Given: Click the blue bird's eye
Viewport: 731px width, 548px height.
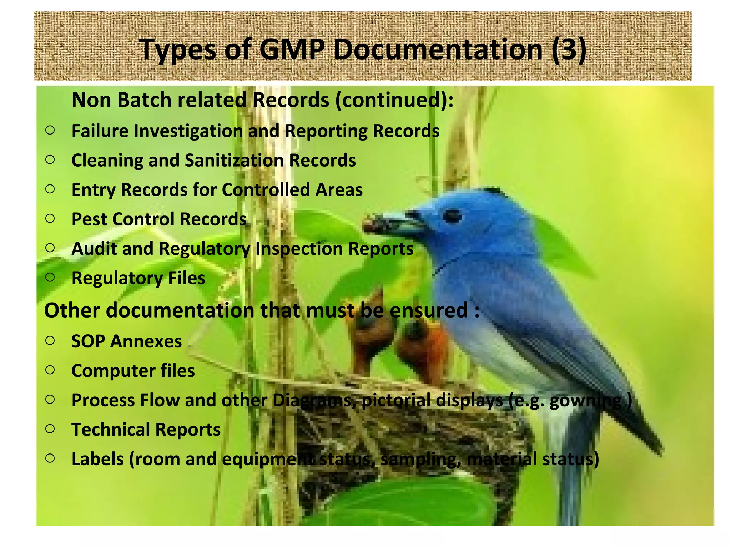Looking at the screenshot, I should click(452, 216).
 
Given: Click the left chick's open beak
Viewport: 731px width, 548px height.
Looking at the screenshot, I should click(371, 303).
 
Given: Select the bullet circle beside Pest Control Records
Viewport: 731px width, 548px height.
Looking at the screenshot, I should click(50, 218).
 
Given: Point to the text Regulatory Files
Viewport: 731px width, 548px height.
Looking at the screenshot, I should click(138, 278).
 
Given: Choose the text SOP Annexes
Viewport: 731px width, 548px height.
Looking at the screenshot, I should click(126, 341).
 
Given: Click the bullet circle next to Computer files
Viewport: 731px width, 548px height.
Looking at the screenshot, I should click(50, 370).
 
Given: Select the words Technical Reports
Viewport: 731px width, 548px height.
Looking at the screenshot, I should click(146, 430).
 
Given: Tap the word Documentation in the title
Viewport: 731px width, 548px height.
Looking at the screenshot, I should click(438, 50).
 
